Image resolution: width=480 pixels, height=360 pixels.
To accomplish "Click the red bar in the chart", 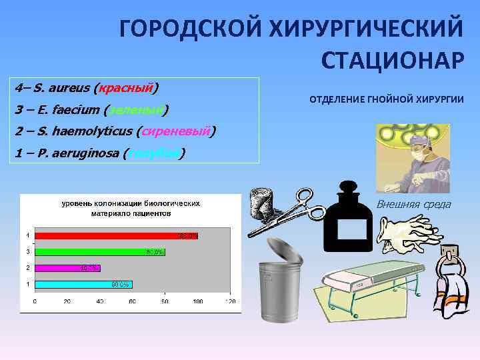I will tap(117, 235).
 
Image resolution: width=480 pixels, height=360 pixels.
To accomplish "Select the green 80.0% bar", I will tap(100, 252).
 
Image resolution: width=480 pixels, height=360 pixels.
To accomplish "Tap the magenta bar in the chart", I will tap(67, 268).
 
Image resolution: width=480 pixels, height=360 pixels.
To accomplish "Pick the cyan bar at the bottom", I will tap(83, 284).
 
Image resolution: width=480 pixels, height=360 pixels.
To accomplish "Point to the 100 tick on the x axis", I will tap(197, 301).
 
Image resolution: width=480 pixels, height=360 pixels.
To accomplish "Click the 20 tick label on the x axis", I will tap(67, 301).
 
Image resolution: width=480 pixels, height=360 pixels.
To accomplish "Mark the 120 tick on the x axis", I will tap(230, 301).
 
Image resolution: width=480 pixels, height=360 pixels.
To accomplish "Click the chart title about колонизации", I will tap(131, 207).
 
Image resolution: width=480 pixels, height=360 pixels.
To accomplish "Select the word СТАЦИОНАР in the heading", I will tap(392, 60).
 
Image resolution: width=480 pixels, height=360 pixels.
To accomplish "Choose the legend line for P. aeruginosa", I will tap(100, 153).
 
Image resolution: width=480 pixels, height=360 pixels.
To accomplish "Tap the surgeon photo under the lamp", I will tap(413, 159).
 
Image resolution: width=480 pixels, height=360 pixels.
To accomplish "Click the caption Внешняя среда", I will tap(413, 204).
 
